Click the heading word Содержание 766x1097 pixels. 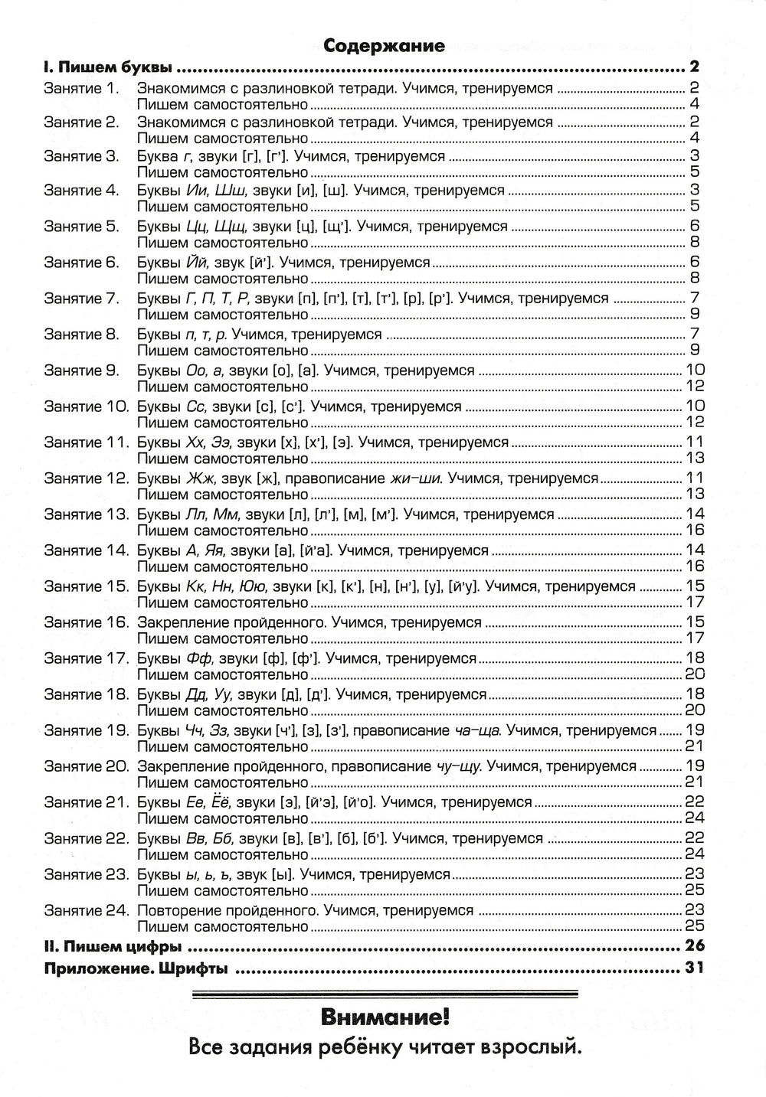[x=384, y=45]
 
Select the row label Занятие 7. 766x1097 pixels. [x=81, y=299]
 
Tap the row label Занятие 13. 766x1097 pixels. [x=85, y=514]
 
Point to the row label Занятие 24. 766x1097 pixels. [x=85, y=911]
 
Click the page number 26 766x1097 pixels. [x=694, y=947]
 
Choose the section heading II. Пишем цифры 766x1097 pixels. [x=113, y=947]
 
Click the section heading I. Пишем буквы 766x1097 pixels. [x=108, y=67]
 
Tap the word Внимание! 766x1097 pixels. [x=384, y=1018]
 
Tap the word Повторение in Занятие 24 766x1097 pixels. [x=175, y=911]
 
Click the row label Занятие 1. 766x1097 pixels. [x=81, y=88]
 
